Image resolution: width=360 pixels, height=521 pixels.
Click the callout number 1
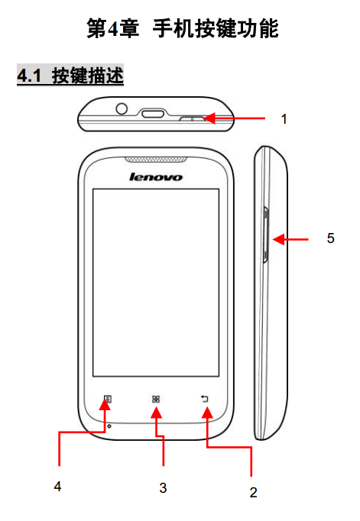pyautogui.click(x=284, y=119)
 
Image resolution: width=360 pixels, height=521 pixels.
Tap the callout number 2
pyautogui.click(x=253, y=492)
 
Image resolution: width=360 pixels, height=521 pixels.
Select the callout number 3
pyautogui.click(x=163, y=488)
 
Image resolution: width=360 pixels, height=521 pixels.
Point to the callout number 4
pyautogui.click(x=57, y=487)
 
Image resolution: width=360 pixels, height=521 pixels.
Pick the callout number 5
pyautogui.click(x=330, y=238)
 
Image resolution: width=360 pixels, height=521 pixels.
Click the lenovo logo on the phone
pyautogui.click(x=156, y=176)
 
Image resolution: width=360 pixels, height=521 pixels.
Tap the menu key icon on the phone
pyautogui.click(x=107, y=399)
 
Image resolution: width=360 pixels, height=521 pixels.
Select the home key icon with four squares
pyautogui.click(x=156, y=399)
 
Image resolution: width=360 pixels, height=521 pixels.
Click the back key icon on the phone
pyautogui.click(x=204, y=399)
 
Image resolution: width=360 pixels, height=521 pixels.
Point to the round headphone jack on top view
pyautogui.click(x=122, y=108)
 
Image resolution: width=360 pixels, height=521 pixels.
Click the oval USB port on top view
pyautogui.click(x=153, y=114)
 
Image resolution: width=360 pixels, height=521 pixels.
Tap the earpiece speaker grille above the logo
pyautogui.click(x=156, y=160)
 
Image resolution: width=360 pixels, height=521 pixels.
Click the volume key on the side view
pyautogui.click(x=265, y=235)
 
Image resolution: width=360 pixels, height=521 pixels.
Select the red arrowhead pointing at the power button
pyautogui.click(x=209, y=118)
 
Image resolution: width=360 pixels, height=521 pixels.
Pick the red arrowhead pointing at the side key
pyautogui.click(x=278, y=239)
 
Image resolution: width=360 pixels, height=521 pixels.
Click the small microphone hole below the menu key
pyautogui.click(x=109, y=426)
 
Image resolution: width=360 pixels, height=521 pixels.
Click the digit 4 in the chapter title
pyautogui.click(x=113, y=29)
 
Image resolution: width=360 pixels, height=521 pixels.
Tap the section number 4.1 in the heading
pyautogui.click(x=29, y=76)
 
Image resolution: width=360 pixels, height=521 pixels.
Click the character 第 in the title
pyautogui.click(x=96, y=28)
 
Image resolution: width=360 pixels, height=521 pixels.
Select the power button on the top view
pyautogui.click(x=192, y=118)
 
